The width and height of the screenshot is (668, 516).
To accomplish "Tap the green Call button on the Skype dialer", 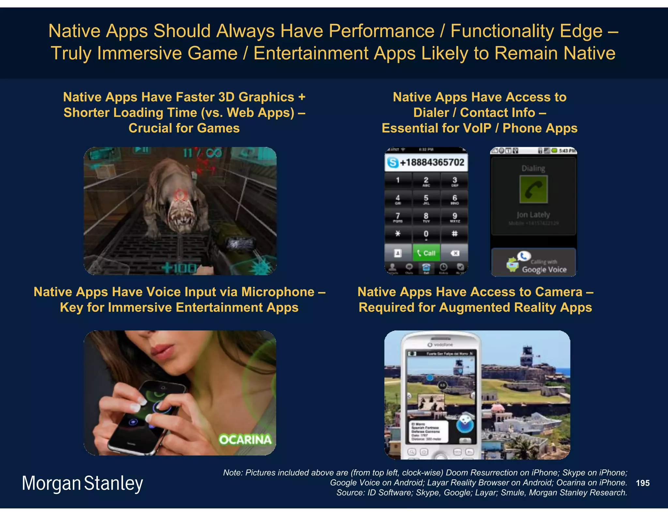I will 426,253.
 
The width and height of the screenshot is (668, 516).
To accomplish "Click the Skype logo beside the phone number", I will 393,162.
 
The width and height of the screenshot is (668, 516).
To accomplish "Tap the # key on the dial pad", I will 454,234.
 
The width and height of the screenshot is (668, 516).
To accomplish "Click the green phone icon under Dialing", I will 534,190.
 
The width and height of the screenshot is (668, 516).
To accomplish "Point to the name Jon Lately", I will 533,215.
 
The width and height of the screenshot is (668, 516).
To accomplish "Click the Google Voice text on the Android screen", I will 544,269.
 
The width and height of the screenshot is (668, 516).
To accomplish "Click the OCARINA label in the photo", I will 245,440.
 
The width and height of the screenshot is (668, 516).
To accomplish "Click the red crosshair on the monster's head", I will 180,195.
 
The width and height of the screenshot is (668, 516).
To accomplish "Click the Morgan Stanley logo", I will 82,483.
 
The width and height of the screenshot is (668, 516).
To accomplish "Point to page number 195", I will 643,483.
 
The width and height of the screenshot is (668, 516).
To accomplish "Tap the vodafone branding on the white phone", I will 441,345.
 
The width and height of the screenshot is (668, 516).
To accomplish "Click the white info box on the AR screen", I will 429,432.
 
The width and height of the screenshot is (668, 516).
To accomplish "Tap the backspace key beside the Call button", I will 455,253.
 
